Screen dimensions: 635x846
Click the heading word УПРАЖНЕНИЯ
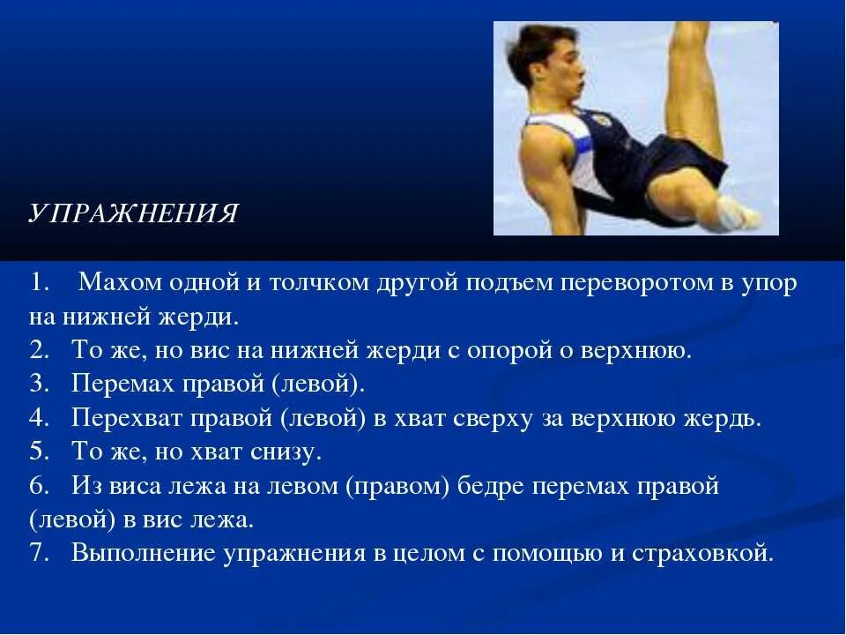tap(133, 214)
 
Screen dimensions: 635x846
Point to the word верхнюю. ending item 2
tap(637, 350)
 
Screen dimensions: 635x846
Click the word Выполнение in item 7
tap(145, 554)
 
